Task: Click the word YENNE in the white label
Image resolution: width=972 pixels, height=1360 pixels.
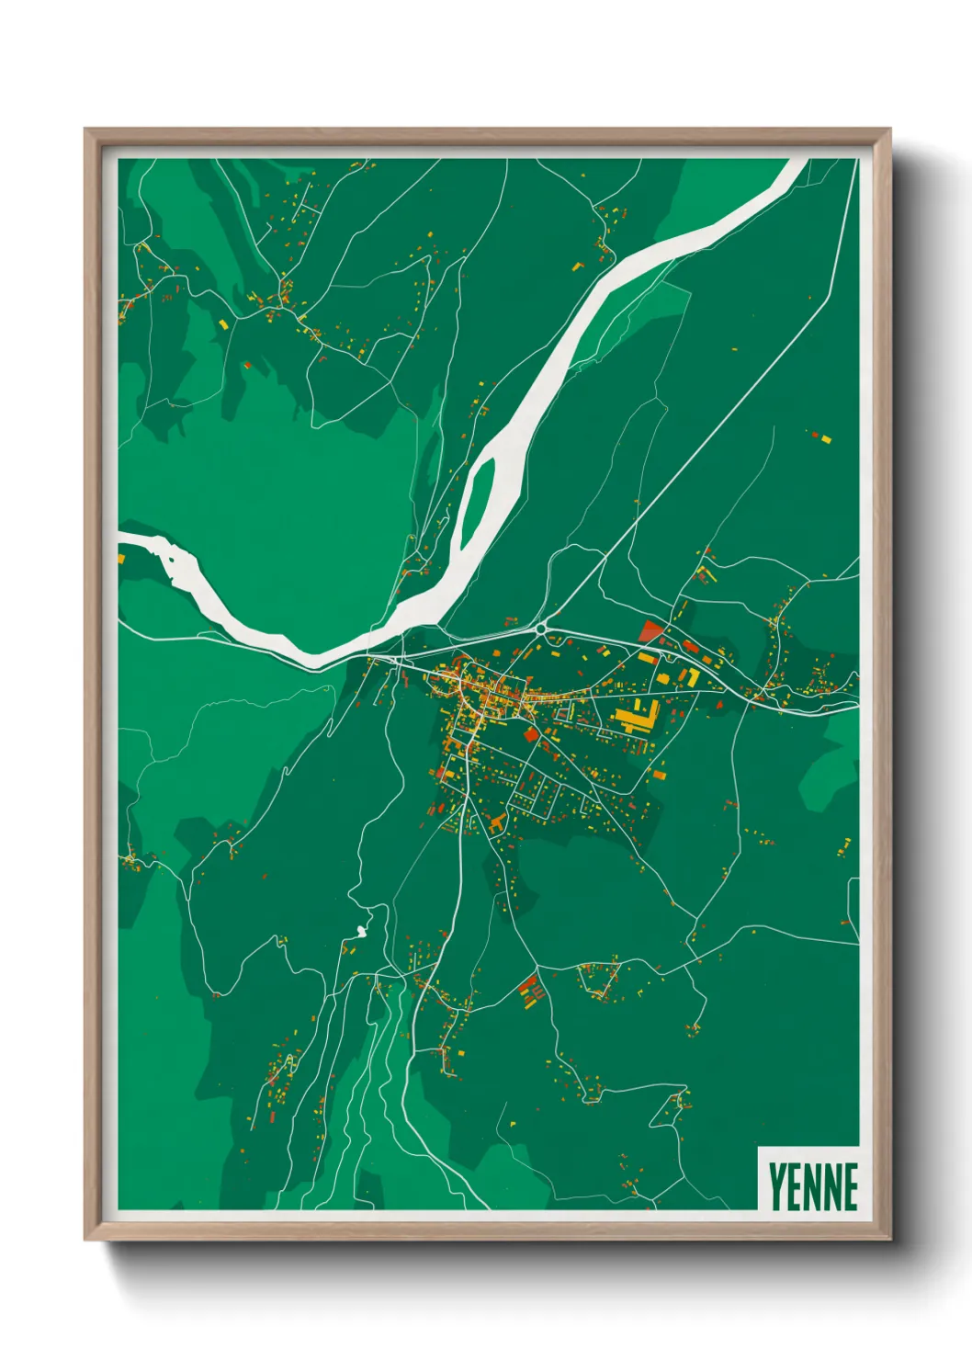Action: click(x=812, y=1186)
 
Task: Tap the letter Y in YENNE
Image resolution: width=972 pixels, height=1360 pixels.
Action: click(x=776, y=1186)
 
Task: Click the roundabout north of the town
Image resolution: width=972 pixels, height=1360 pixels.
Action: click(x=541, y=629)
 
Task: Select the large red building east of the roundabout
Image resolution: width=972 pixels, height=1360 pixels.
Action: click(x=651, y=630)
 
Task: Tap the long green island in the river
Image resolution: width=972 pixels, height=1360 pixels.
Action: click(x=475, y=510)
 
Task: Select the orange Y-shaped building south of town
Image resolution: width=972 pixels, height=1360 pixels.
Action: click(x=497, y=822)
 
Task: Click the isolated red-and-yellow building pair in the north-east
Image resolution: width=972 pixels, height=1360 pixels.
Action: click(x=820, y=436)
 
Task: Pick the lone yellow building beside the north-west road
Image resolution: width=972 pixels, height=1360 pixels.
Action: click(x=223, y=323)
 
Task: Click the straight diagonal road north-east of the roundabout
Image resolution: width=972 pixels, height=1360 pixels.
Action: click(x=698, y=459)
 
